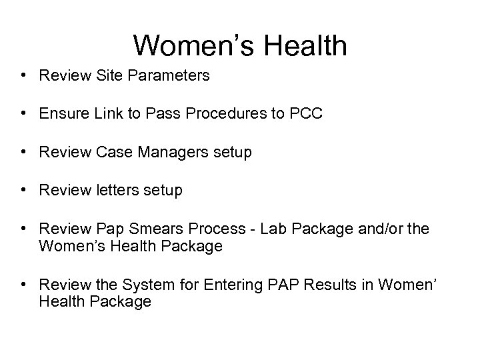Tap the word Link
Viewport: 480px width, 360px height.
tap(103, 114)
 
